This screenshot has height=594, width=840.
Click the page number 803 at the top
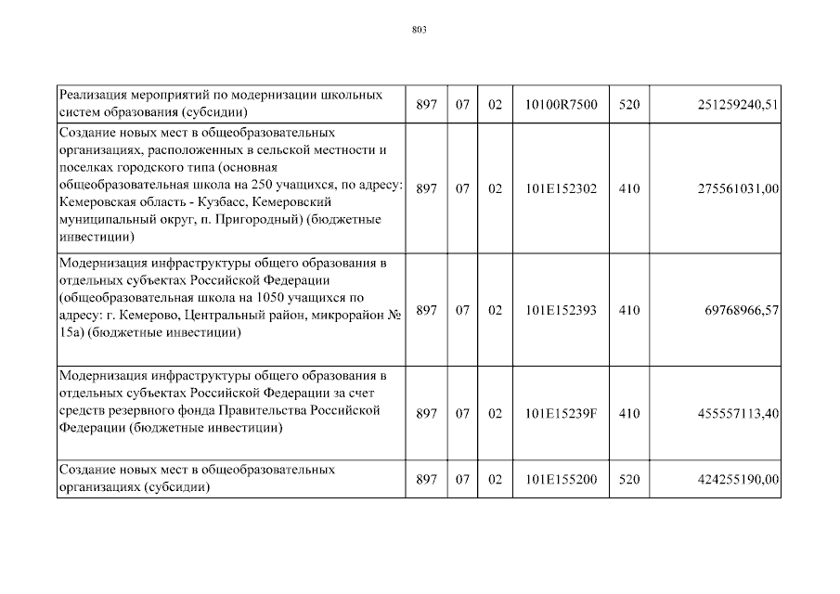tap(419, 31)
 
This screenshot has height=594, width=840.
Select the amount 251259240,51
tap(736, 105)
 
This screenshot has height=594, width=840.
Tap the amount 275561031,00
tap(736, 188)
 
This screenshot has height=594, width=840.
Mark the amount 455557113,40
tap(736, 414)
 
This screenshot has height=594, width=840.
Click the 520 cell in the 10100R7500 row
tap(629, 105)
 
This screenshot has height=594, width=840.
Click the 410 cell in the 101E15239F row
tap(629, 414)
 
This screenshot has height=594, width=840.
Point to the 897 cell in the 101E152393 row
tap(426, 311)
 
